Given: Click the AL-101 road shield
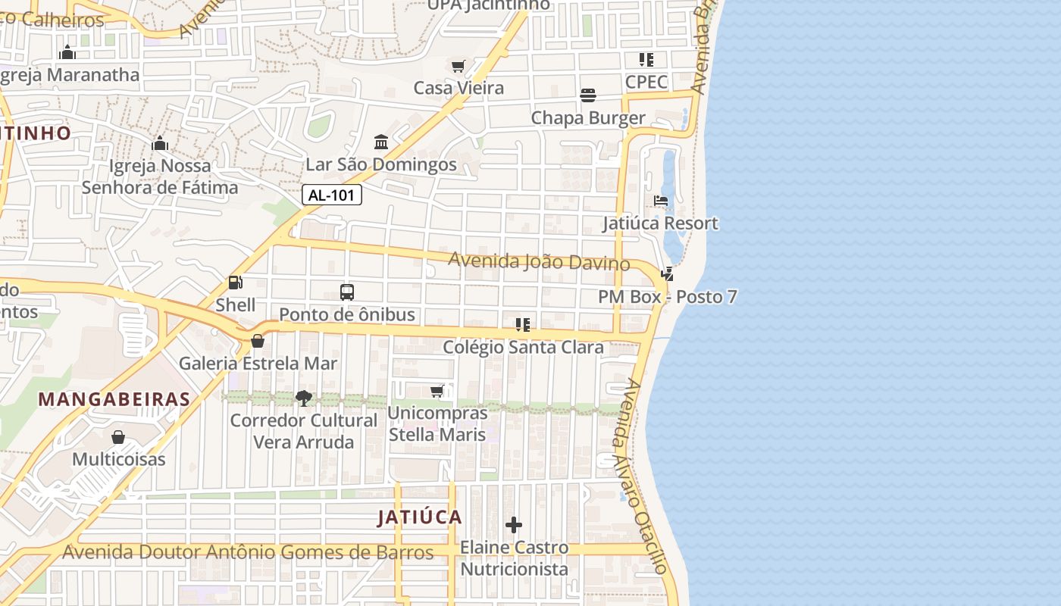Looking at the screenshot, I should click(x=332, y=195).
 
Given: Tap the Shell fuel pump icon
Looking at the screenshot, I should click(x=236, y=283).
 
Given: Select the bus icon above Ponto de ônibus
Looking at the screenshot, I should click(x=347, y=292).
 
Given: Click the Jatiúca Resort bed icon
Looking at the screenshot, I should click(x=661, y=201).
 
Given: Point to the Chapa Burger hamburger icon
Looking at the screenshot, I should click(x=588, y=95).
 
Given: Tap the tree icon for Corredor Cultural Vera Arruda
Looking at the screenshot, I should click(x=303, y=398).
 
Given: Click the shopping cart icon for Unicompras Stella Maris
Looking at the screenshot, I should click(x=437, y=391).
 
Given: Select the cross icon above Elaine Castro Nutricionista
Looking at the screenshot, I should click(x=514, y=525).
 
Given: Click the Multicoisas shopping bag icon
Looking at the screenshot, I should click(x=118, y=437).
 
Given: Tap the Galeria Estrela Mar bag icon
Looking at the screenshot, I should click(x=258, y=341).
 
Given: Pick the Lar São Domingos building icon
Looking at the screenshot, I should click(x=381, y=142).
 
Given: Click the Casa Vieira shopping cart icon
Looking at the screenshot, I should click(x=459, y=66).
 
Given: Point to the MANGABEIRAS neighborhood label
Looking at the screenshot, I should click(x=114, y=399).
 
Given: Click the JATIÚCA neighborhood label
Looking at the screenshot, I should click(x=420, y=517).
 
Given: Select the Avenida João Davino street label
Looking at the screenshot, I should click(x=539, y=261).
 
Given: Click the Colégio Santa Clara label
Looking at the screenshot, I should click(x=523, y=348).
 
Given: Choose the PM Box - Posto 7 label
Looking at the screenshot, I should click(x=667, y=297).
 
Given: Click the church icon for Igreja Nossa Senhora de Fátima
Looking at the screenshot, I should click(x=160, y=143).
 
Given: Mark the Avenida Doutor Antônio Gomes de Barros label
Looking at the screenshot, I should click(x=248, y=552).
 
